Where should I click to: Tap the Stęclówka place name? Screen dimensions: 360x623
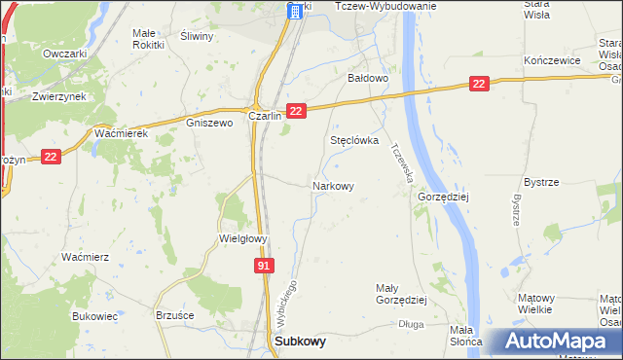353,140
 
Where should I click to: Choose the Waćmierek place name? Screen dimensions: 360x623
121,133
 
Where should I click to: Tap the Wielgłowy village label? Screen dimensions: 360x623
242,237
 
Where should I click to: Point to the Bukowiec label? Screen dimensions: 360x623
94,316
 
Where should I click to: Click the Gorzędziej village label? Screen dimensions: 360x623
444,196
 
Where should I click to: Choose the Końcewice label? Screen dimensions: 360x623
552,60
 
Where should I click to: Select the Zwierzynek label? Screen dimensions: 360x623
55,96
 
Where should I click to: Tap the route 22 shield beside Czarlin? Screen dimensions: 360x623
297,112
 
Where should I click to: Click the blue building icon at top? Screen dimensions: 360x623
293,11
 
